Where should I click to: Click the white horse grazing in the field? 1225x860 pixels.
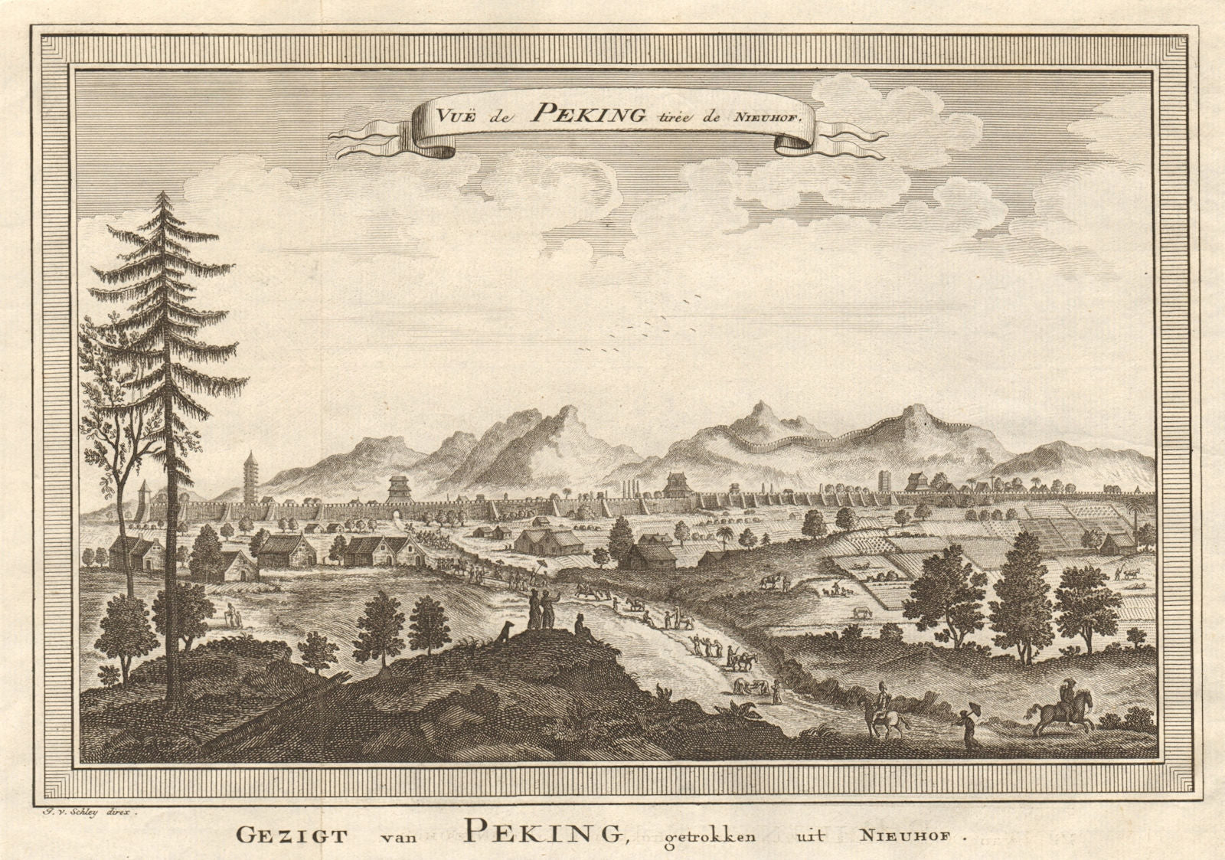click(862, 613)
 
